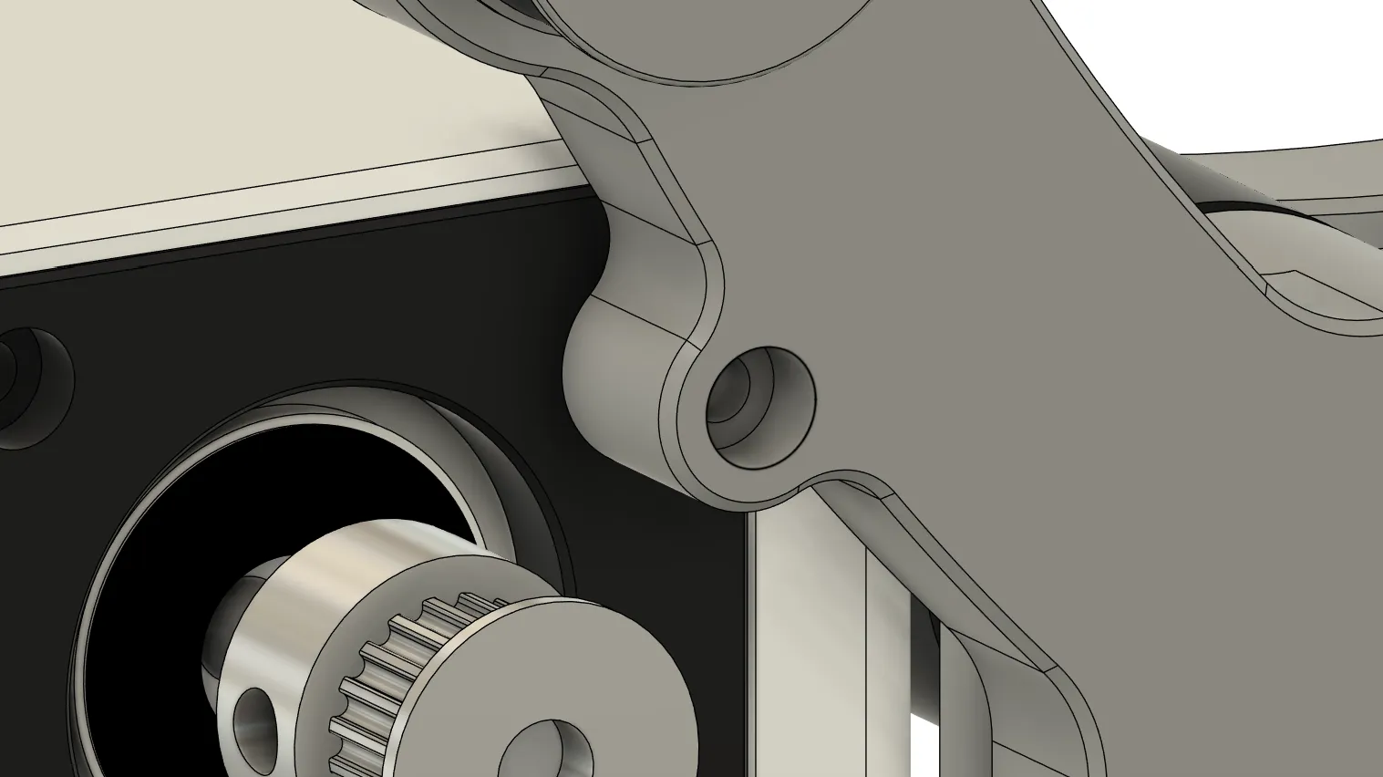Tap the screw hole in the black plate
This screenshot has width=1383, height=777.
(27, 383)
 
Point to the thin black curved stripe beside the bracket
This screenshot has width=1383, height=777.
(1249, 209)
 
